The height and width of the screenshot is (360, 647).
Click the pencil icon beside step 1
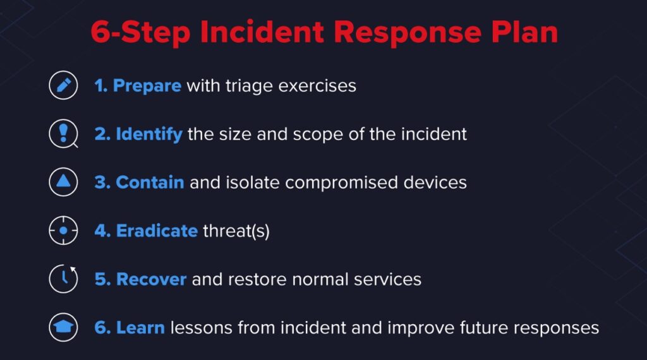tap(63, 85)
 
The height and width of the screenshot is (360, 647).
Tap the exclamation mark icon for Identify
tap(63, 134)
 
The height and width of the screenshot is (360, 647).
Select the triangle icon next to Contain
tap(63, 182)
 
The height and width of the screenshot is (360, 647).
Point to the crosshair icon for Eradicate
tap(63, 231)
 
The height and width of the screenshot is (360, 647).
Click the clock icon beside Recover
tap(63, 279)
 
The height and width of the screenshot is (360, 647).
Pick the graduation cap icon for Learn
tap(63, 327)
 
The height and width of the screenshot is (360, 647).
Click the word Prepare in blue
tap(147, 86)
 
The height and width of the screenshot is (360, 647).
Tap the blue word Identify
tap(149, 134)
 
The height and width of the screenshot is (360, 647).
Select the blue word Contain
tap(150, 183)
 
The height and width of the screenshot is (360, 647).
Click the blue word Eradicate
tap(157, 231)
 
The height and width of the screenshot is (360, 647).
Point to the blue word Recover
tap(151, 279)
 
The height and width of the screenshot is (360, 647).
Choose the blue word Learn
tap(140, 328)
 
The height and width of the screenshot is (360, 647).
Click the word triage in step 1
tap(249, 87)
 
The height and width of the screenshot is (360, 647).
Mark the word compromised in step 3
tap(341, 183)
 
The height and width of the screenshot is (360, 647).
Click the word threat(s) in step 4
tap(236, 231)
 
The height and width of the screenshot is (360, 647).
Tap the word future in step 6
tap(483, 328)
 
